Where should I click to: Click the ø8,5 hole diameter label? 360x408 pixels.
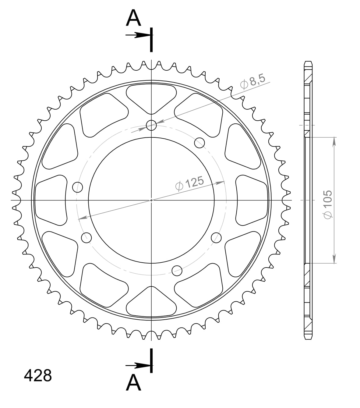click(252, 82)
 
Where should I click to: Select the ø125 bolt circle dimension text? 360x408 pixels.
click(189, 183)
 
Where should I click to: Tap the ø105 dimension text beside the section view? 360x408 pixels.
click(328, 204)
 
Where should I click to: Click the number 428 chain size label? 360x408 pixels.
click(38, 376)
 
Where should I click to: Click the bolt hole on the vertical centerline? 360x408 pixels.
click(151, 125)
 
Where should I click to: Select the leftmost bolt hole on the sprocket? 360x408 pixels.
click(78, 187)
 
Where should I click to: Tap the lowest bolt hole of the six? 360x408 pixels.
click(177, 270)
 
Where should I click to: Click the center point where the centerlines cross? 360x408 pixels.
click(151, 200)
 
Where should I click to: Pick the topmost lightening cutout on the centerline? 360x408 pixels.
click(151, 98)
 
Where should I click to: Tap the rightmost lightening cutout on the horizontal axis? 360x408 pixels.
click(252, 200)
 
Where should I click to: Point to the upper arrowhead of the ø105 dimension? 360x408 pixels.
click(334, 141)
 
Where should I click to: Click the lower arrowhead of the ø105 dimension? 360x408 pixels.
click(334, 259)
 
